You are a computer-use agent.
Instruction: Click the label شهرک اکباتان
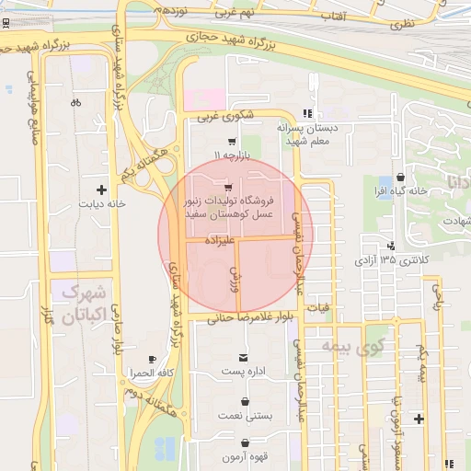pyautogui.click(x=81, y=305)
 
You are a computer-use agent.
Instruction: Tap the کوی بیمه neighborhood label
pyautogui.click(x=351, y=347)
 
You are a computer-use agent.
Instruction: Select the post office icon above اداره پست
pyautogui.click(x=243, y=357)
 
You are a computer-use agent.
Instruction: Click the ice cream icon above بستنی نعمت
pyautogui.click(x=245, y=402)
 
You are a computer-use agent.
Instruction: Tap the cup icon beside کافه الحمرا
pyautogui.click(x=152, y=359)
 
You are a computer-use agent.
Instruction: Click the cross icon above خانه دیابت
pyautogui.click(x=101, y=190)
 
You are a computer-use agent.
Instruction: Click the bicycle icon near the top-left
pyautogui.click(x=75, y=102)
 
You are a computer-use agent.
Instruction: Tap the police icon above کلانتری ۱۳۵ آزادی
pyautogui.click(x=392, y=246)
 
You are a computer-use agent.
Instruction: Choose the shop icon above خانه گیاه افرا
pyautogui.click(x=399, y=177)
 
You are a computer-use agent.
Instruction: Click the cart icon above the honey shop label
pyautogui.click(x=227, y=188)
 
